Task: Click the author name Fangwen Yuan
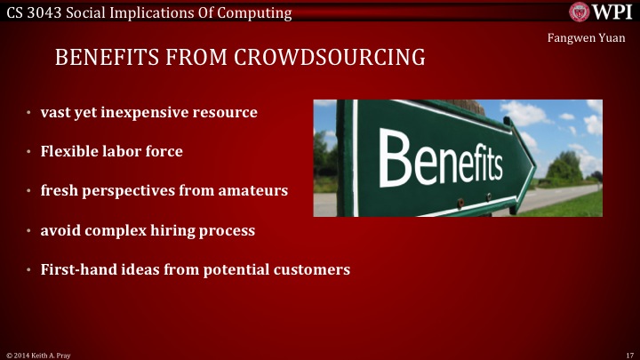588,37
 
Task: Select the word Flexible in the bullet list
69,151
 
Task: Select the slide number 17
628,354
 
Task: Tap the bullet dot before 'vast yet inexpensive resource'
28,114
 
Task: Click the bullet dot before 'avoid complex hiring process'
28,231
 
